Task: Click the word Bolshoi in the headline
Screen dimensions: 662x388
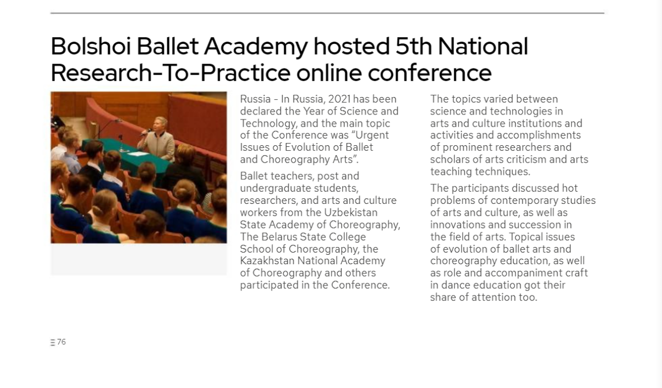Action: pos(90,47)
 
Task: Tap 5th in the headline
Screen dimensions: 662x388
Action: pos(414,47)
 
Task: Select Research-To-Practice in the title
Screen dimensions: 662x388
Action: pos(171,73)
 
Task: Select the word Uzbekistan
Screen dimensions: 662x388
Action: pos(351,212)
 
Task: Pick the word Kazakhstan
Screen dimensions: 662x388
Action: pos(267,261)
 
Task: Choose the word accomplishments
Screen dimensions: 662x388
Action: pos(539,135)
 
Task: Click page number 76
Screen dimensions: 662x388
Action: pos(61,342)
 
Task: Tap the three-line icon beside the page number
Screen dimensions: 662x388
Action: pos(53,343)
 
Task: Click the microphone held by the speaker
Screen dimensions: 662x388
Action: pos(146,132)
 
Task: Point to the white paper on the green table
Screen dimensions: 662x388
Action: pos(138,154)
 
